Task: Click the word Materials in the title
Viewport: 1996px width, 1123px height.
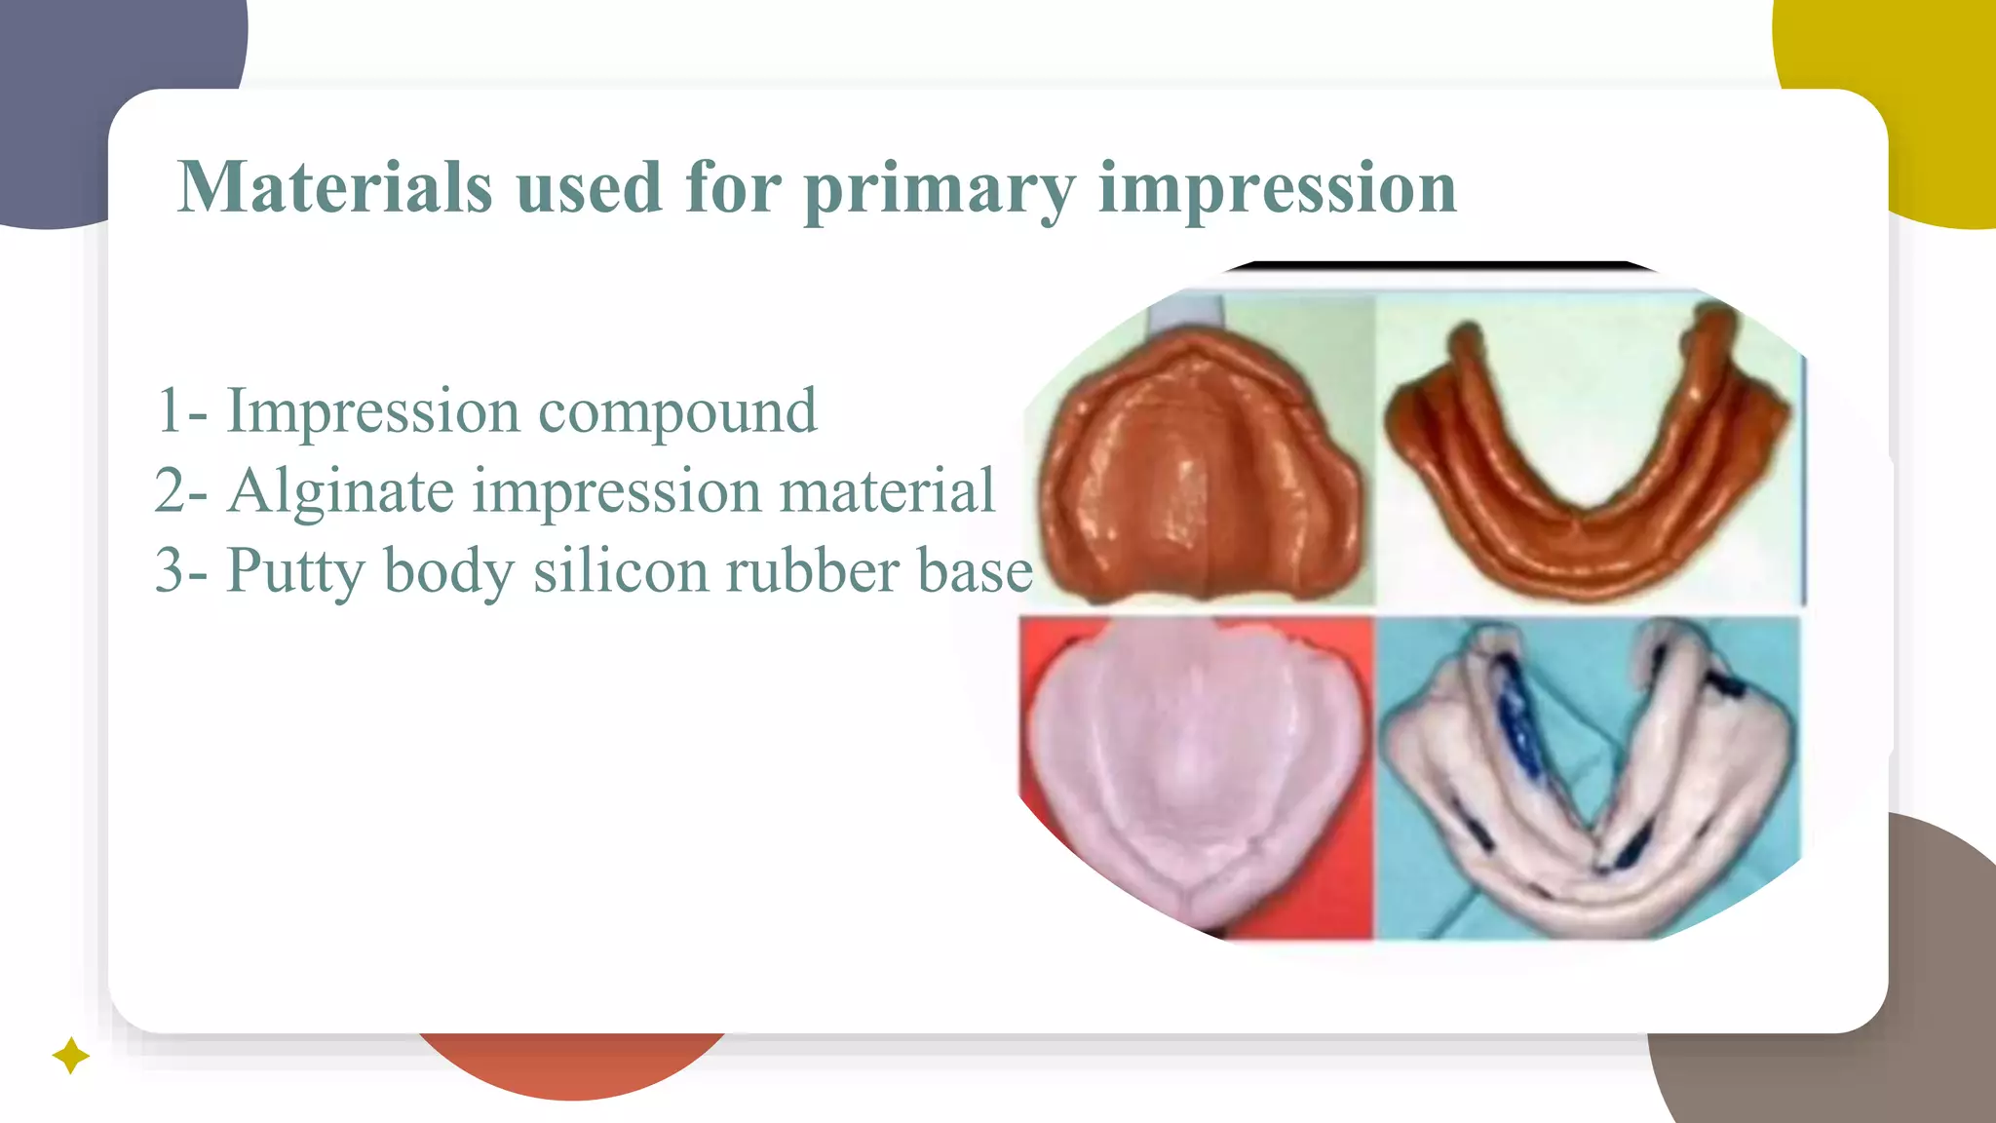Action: tap(334, 187)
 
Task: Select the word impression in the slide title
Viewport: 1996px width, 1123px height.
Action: tap(1277, 189)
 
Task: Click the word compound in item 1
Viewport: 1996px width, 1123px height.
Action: tap(677, 412)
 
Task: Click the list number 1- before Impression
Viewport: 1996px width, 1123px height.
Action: tap(181, 412)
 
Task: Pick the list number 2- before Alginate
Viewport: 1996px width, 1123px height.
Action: tap(181, 492)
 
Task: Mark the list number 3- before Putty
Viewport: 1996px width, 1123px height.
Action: tap(181, 572)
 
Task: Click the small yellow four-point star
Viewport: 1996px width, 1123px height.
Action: tap(70, 1056)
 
